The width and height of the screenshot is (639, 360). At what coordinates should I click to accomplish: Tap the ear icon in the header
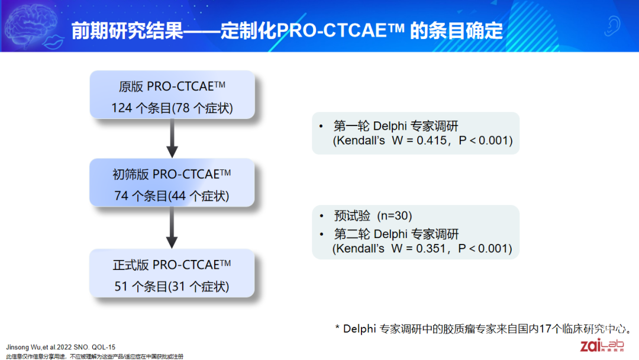(612, 26)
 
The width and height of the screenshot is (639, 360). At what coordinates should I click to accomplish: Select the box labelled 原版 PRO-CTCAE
(172, 95)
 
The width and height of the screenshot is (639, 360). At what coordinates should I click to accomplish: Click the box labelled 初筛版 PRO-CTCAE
(172, 182)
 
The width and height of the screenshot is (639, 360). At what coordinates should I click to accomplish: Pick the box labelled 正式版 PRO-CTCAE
(172, 273)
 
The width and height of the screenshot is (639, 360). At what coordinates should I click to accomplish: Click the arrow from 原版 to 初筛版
(172, 139)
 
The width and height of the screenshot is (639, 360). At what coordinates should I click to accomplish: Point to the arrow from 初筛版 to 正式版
(172, 228)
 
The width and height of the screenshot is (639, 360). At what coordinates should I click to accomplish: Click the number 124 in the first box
(121, 108)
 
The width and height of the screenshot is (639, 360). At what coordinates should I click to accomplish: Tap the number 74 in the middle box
(121, 196)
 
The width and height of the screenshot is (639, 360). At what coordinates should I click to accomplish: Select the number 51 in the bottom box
(121, 287)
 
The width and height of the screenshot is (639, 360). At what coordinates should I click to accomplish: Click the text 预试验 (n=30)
(373, 216)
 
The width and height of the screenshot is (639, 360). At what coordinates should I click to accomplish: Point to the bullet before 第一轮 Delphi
(321, 126)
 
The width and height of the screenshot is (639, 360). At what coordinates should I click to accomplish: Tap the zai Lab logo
(602, 345)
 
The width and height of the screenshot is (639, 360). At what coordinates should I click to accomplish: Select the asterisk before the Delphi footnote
(337, 327)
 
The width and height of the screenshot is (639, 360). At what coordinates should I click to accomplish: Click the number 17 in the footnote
(545, 329)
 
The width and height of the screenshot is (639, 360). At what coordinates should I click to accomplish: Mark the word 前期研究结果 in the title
(127, 31)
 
